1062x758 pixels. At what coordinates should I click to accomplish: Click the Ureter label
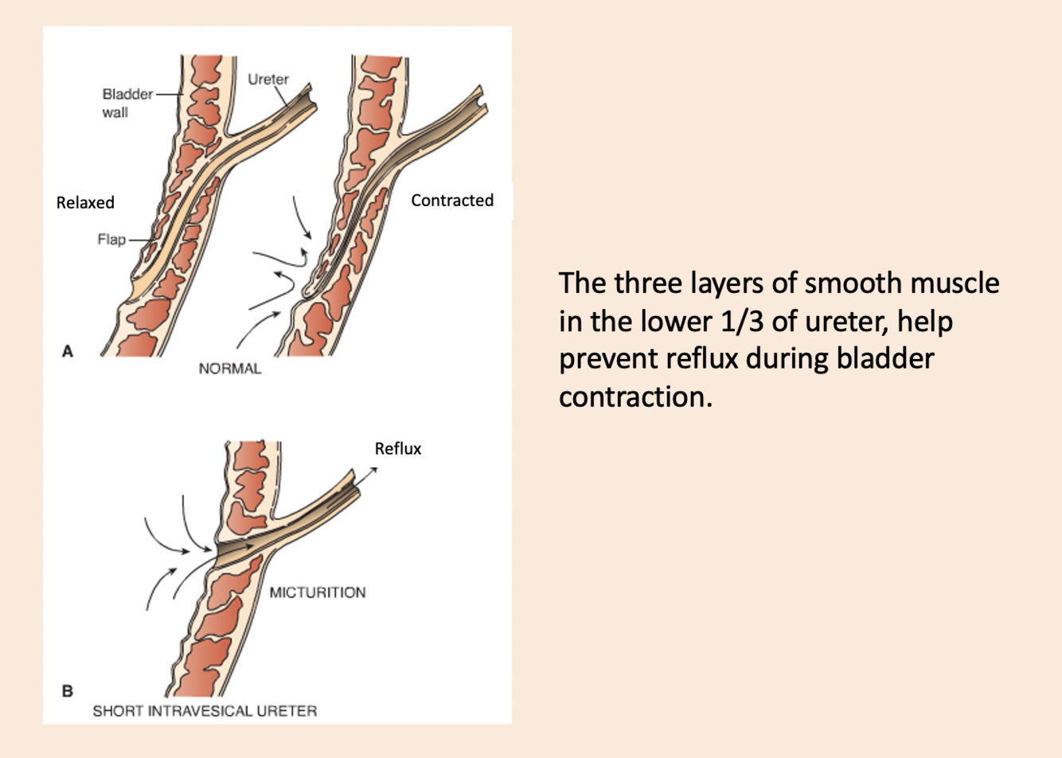(x=267, y=79)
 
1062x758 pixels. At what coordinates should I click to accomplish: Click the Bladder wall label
(x=127, y=103)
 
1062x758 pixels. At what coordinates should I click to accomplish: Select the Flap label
(x=111, y=239)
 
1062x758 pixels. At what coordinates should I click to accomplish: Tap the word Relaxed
(x=85, y=202)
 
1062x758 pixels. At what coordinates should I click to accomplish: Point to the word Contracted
(x=451, y=201)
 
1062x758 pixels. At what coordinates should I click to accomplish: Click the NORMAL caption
(x=229, y=369)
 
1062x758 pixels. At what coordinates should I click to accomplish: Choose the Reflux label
(x=398, y=448)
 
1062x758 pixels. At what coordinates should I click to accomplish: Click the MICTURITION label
(x=317, y=592)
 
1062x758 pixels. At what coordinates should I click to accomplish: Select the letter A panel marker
(x=68, y=351)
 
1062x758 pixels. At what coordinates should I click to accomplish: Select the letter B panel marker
(x=68, y=691)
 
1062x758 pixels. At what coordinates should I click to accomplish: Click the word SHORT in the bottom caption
(x=116, y=711)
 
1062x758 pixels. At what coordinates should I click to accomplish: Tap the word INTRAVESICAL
(x=205, y=711)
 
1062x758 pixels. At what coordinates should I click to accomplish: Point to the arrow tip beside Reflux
(x=374, y=469)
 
